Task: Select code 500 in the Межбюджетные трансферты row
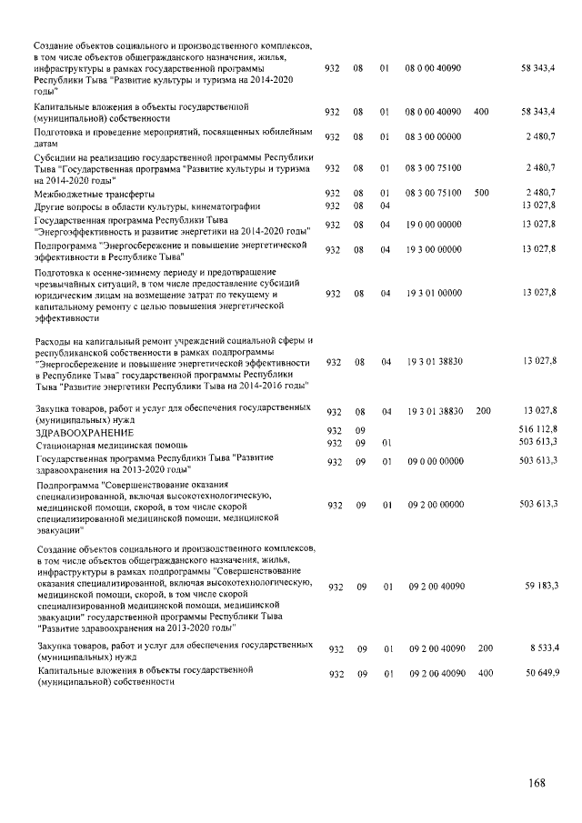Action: point(482,193)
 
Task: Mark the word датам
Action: point(45,144)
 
